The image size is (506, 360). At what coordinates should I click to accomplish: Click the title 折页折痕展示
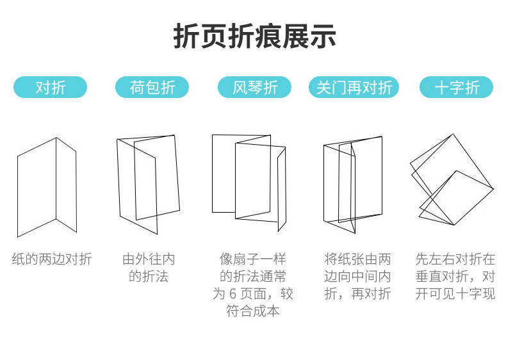(254, 37)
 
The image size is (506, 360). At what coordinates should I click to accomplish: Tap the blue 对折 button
(51, 87)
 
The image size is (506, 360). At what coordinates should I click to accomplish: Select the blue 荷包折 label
(152, 87)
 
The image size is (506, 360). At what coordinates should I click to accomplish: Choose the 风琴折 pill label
(254, 87)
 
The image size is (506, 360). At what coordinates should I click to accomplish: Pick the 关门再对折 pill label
(354, 87)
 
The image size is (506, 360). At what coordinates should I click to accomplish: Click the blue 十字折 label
(456, 87)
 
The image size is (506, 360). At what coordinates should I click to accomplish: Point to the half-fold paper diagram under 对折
(47, 186)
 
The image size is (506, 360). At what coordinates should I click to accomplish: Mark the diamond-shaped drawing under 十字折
(451, 179)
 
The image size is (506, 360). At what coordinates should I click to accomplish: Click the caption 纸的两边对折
(51, 259)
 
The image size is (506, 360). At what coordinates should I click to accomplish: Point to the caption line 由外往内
(149, 259)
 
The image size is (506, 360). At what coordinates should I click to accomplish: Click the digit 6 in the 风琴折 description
(234, 294)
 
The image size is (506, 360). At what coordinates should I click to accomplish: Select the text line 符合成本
(253, 311)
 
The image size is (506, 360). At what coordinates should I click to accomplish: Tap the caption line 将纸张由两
(357, 259)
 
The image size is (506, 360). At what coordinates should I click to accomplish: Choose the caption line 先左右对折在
(455, 259)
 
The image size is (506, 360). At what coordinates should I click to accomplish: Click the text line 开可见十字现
(455, 294)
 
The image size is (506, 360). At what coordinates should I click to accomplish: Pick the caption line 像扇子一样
(253, 259)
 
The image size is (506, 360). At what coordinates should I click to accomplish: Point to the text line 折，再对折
(357, 294)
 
